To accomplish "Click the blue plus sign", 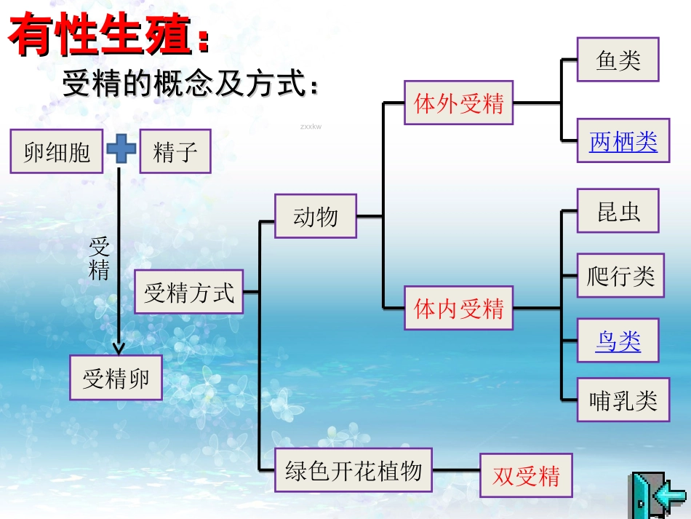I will [121, 150].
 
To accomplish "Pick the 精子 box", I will [175, 152].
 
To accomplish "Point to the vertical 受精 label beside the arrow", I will [99, 258].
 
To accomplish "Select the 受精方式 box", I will [188, 293].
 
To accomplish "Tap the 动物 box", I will [316, 216].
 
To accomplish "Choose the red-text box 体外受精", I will [458, 103].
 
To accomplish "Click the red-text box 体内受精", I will [458, 309].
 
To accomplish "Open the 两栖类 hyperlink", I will [623, 142].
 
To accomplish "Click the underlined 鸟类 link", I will [618, 341].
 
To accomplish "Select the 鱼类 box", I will [618, 60].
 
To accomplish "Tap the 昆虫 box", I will [618, 211].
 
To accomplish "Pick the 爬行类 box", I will [620, 276].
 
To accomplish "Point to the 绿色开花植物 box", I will [354, 470].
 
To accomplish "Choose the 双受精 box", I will [526, 476].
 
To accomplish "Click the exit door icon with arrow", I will [657, 494].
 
